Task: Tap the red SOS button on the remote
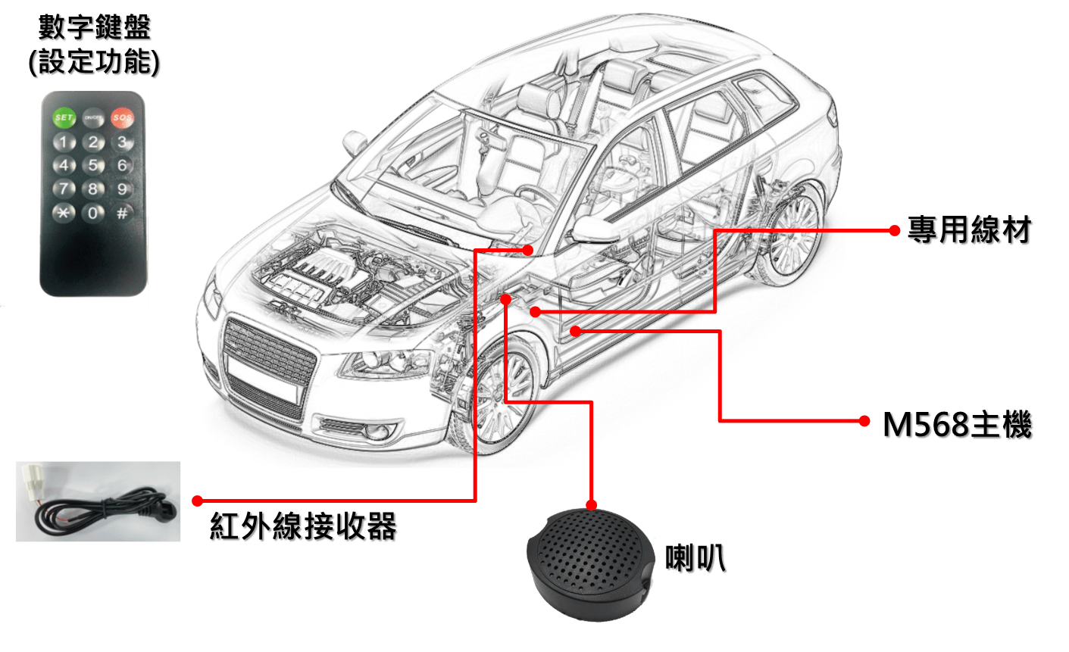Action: [122, 118]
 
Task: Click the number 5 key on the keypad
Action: [93, 166]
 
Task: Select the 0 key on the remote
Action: [93, 213]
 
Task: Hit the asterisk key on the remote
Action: [64, 213]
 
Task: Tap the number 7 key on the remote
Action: [64, 189]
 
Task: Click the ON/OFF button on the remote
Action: [93, 118]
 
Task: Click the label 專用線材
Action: [969, 230]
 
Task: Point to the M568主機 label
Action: [957, 424]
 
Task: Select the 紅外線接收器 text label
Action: [303, 526]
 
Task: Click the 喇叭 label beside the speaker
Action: [695, 557]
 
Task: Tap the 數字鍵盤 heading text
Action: [95, 27]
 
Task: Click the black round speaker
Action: [590, 565]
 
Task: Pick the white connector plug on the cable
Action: [33, 482]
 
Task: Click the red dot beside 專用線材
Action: [894, 231]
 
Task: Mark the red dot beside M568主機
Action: [864, 421]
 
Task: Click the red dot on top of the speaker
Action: [591, 505]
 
